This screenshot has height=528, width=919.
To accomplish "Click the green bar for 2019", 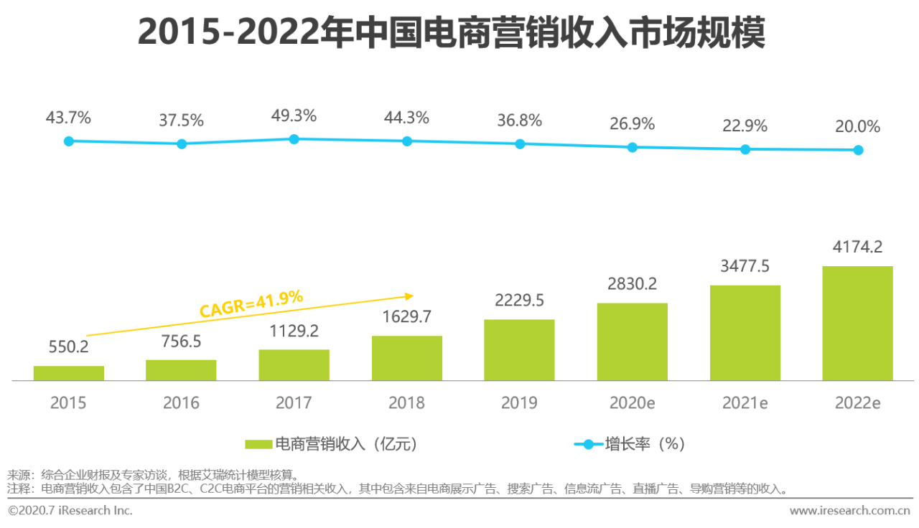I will pos(519,349).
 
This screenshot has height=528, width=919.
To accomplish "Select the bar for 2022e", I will pos(857,323).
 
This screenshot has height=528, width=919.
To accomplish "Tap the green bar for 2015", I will pos(68,373).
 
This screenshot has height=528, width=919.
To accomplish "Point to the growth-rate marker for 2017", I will pos(294,138).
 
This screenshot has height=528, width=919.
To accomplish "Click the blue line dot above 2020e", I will pos(633,147).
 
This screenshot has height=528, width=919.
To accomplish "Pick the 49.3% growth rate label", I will pos(294,115).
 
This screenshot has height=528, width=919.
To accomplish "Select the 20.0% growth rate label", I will pos(857,127).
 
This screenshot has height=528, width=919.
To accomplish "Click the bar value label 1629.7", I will pos(406,316).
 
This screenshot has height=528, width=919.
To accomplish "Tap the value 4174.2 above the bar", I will pos(857,247).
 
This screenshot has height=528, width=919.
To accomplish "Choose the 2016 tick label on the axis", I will pos(181,403).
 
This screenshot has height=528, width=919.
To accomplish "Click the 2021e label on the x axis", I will pos(745,403).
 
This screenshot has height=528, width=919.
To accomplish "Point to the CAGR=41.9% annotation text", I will pos(251,304).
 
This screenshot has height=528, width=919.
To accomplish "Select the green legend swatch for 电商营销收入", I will pos(258,445).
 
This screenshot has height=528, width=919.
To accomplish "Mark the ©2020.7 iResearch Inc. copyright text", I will pos(70,511).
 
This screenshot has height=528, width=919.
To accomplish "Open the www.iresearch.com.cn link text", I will pos(849,511).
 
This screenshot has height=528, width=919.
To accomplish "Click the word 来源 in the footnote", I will pos(17,475).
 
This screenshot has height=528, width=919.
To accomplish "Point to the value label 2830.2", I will pos(633,284).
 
